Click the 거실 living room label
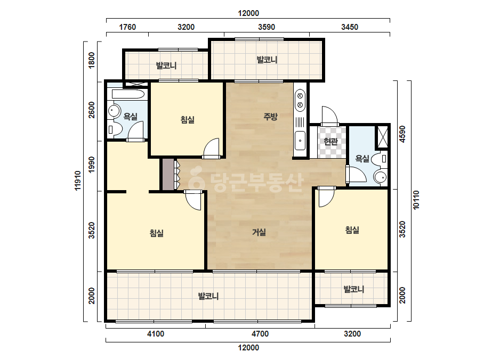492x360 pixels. click(x=259, y=232)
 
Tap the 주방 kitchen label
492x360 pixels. click(x=270, y=117)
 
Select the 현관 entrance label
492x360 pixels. click(x=330, y=142)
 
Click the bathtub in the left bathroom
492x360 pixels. click(x=128, y=94)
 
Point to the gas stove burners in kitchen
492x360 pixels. click(x=300, y=100)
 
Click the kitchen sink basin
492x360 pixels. click(x=300, y=141)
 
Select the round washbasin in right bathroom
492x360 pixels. click(x=381, y=177)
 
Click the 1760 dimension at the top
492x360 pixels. click(x=127, y=27)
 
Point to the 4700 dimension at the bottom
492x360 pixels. click(x=260, y=334)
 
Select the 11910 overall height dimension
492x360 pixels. click(x=78, y=181)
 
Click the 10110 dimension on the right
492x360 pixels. click(x=416, y=200)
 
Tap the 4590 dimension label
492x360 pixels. click(x=402, y=134)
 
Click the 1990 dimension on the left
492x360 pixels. click(x=91, y=165)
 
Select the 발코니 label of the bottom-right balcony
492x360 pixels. click(x=354, y=289)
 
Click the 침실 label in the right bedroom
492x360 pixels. click(x=352, y=230)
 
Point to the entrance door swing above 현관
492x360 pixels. click(x=329, y=116)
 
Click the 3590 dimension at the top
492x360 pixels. click(x=267, y=27)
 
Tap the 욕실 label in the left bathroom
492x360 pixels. click(x=130, y=117)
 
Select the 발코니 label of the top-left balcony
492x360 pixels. click(x=166, y=66)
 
